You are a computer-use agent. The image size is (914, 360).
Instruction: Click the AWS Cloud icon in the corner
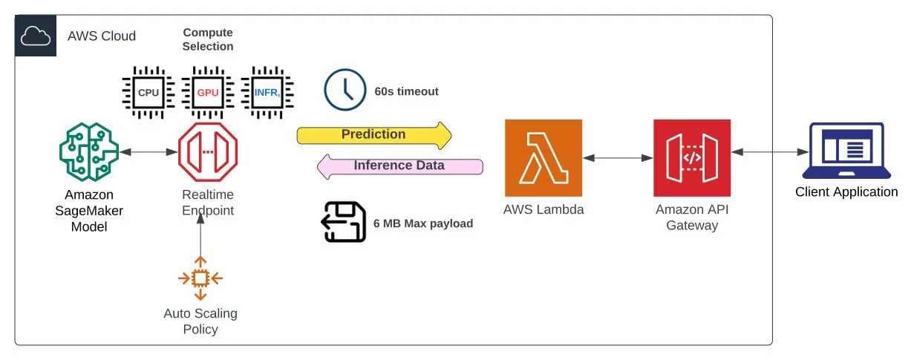click(36, 36)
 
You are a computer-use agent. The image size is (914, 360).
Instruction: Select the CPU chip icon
click(148, 93)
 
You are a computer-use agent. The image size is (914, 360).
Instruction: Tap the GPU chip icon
click(208, 93)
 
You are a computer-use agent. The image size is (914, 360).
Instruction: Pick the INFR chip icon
click(268, 93)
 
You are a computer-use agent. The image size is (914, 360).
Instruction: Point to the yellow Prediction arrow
click(373, 135)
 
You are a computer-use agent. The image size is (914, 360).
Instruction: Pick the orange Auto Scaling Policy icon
click(200, 278)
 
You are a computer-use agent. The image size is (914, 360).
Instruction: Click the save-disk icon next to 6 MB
click(343, 223)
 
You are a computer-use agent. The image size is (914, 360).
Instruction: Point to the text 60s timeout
click(406, 92)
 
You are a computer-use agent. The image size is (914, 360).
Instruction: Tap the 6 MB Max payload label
click(422, 223)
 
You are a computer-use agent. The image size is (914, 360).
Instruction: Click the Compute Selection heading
click(208, 39)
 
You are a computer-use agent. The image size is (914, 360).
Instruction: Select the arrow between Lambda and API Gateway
click(618, 157)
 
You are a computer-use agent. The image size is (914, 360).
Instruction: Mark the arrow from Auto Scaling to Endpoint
click(200, 238)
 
